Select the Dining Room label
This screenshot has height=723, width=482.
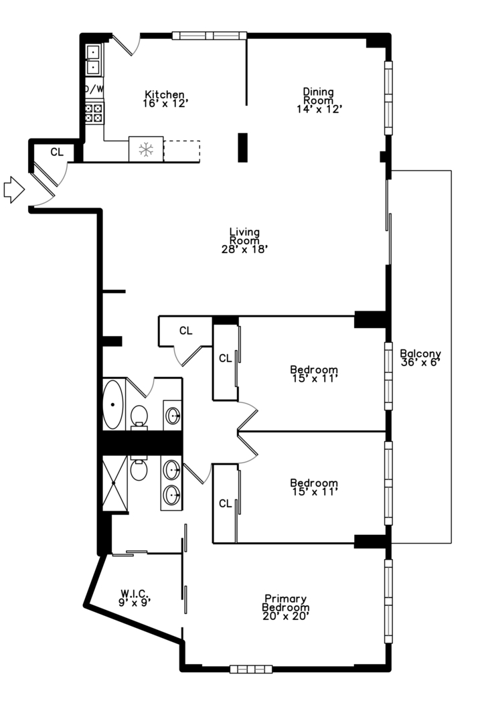[x=319, y=100]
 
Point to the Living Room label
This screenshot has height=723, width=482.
[x=244, y=240]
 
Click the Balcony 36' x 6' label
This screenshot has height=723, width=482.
[x=420, y=357]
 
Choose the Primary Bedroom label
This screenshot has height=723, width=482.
[x=286, y=607]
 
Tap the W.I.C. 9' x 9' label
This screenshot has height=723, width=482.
[x=135, y=598]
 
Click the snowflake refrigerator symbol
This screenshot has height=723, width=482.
[x=146, y=149]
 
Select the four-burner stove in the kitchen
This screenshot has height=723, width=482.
[x=94, y=113]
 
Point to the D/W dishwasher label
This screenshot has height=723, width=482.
[x=94, y=89]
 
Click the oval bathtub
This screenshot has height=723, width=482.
[x=112, y=404]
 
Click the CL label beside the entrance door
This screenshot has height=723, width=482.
[x=57, y=152]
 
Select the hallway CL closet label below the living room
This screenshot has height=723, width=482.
[x=186, y=331]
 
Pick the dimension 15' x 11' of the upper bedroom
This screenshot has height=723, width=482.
[x=315, y=378]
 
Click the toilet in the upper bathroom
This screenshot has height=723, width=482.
[x=139, y=417]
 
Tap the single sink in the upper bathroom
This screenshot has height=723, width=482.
[x=173, y=416]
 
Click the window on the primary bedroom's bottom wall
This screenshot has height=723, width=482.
[x=251, y=669]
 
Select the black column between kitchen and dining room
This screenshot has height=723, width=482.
[x=242, y=147]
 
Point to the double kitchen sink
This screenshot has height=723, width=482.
[x=94, y=60]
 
